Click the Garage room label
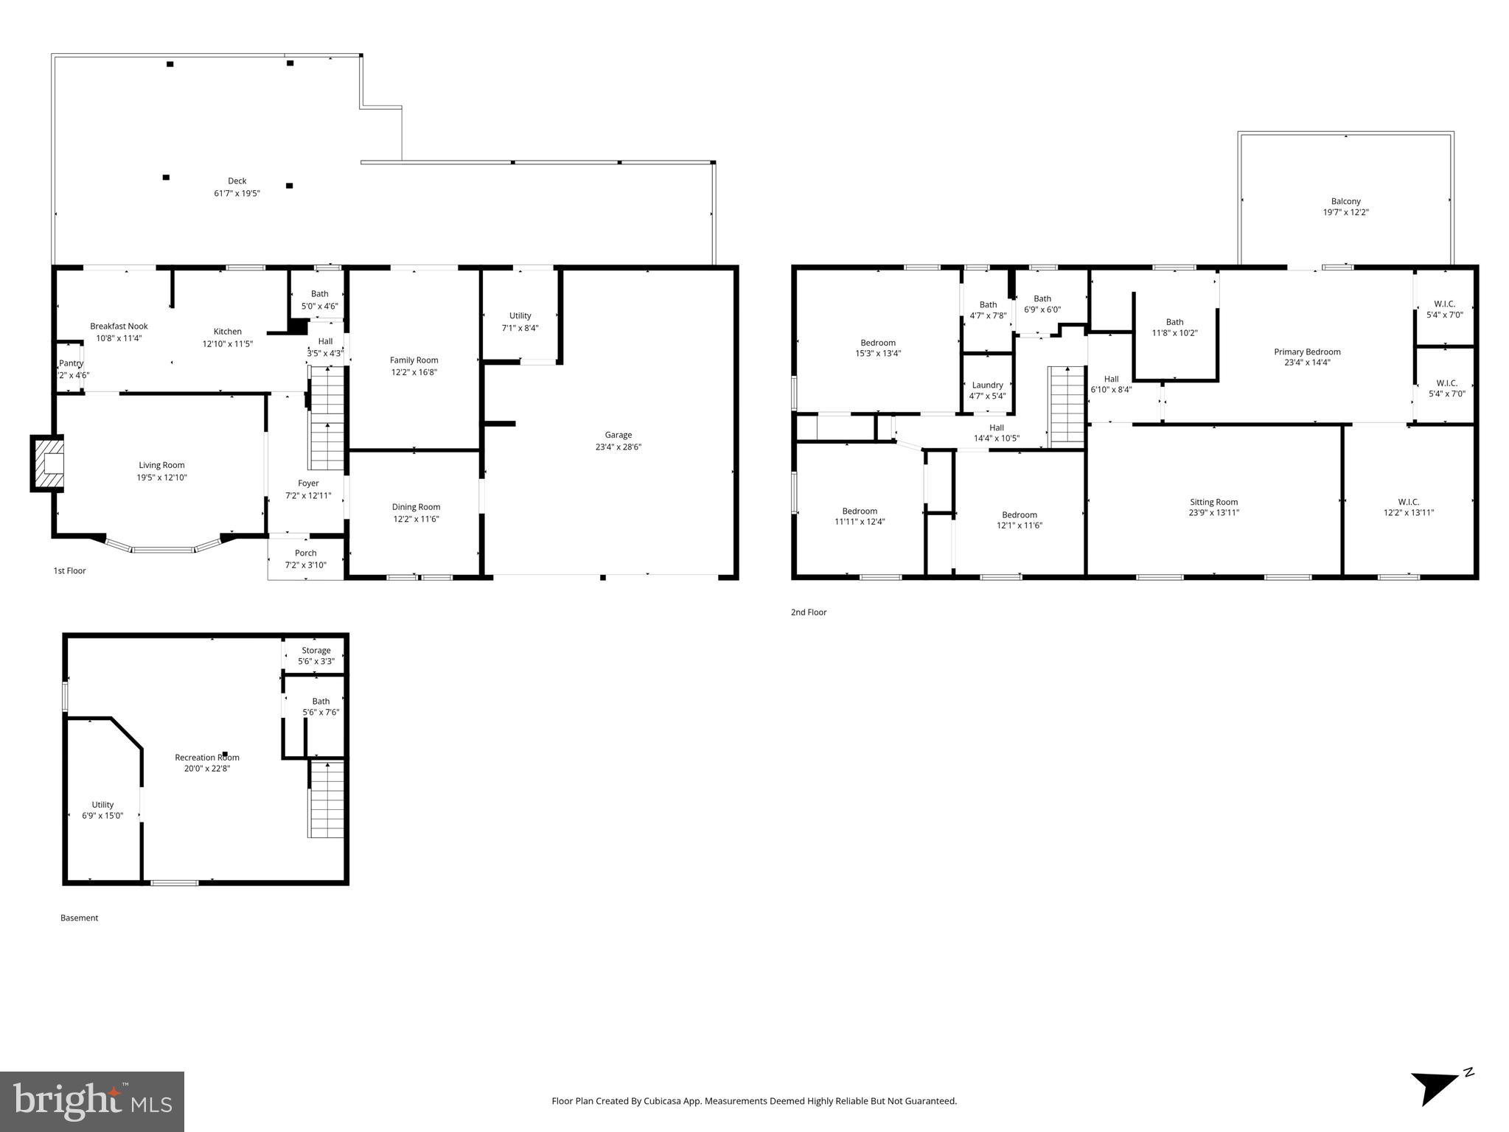click(x=618, y=435)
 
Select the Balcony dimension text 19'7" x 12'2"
click(x=1345, y=212)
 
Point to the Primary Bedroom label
click(x=1306, y=352)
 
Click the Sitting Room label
click(x=1213, y=502)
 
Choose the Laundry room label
click(x=987, y=385)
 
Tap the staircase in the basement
click(x=326, y=799)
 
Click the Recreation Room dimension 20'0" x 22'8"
click(x=207, y=769)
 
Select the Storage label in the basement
click(x=316, y=650)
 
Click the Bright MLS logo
click(x=92, y=1101)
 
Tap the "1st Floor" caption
click(x=69, y=570)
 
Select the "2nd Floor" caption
click(x=808, y=612)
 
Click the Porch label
click(x=305, y=553)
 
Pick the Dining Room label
click(x=416, y=506)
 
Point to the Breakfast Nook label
click(x=119, y=326)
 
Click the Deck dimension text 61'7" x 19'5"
click(x=237, y=193)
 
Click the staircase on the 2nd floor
click(x=1067, y=405)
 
